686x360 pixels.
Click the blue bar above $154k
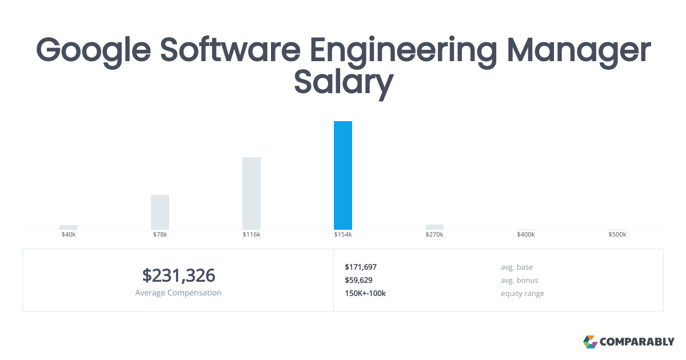click(343, 175)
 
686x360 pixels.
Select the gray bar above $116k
click(252, 193)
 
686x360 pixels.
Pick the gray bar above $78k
click(160, 212)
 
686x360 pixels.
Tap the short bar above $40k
click(69, 227)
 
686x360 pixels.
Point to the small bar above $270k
click(434, 227)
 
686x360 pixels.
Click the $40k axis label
click(69, 235)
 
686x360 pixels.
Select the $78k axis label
click(160, 235)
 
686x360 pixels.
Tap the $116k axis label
click(252, 235)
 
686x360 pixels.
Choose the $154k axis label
click(343, 235)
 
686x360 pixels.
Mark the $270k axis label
click(434, 235)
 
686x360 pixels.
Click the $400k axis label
click(526, 235)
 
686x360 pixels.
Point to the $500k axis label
click(617, 235)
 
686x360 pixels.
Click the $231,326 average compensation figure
click(178, 275)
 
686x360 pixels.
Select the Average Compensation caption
click(178, 293)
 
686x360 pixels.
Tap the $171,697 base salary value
click(361, 267)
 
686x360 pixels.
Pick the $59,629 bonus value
click(358, 280)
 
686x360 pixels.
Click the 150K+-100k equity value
click(365, 293)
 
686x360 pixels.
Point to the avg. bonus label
click(519, 280)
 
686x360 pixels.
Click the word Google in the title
click(94, 50)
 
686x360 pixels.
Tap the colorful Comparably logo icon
click(590, 342)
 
